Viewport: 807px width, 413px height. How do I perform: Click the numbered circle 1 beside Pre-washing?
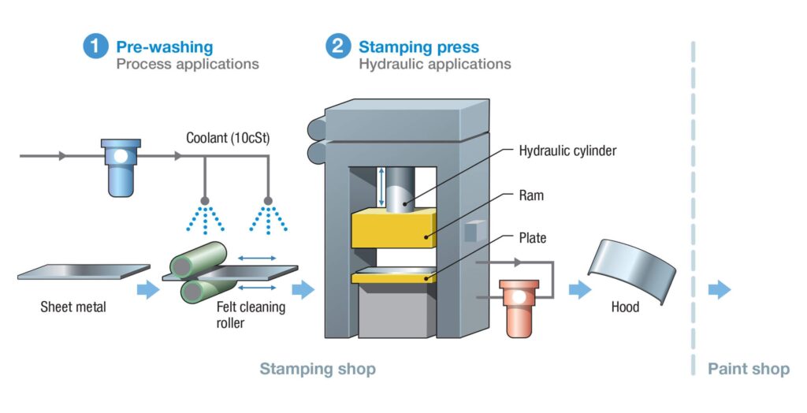[95, 47]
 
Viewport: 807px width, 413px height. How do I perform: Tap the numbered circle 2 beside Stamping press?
[337, 47]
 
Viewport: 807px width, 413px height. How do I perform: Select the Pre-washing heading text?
[164, 47]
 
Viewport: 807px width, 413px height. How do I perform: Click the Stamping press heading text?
[418, 47]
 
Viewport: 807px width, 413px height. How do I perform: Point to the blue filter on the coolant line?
[121, 165]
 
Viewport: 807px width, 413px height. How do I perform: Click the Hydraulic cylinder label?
[567, 151]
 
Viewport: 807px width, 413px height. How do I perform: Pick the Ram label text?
[532, 195]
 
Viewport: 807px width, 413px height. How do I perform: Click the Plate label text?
[533, 237]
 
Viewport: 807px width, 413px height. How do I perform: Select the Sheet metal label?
[73, 307]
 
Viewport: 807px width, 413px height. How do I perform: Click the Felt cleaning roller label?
[251, 314]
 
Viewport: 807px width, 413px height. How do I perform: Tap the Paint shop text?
[748, 369]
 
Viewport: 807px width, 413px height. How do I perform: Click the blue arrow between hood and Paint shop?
[719, 289]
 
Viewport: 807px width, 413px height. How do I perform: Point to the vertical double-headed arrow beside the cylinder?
[381, 187]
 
